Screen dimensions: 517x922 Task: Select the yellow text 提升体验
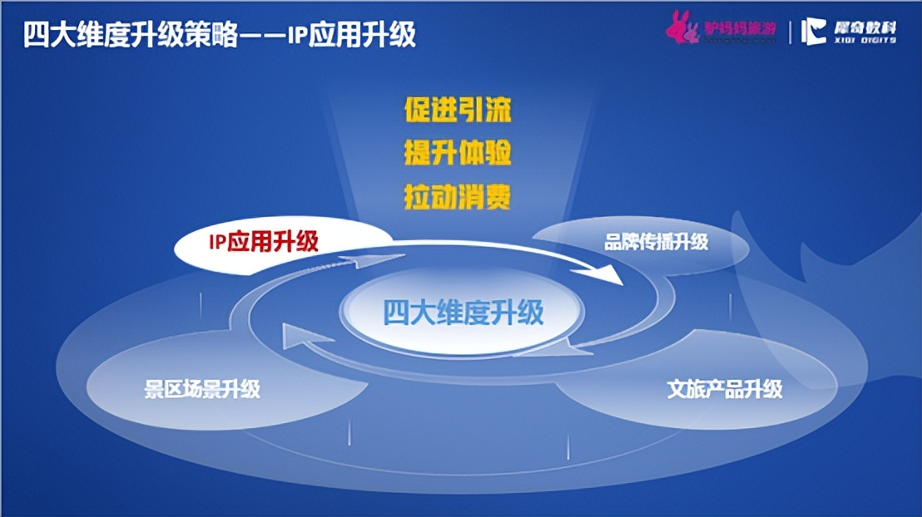point(457,154)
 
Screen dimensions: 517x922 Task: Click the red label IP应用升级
point(263,242)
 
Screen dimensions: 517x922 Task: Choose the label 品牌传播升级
point(656,242)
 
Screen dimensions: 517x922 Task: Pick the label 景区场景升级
point(202,388)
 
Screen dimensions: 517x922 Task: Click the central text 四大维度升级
point(463,312)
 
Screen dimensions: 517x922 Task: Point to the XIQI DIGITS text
point(865,40)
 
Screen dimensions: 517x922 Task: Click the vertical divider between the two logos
point(790,32)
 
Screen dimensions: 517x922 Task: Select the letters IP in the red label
point(216,242)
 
